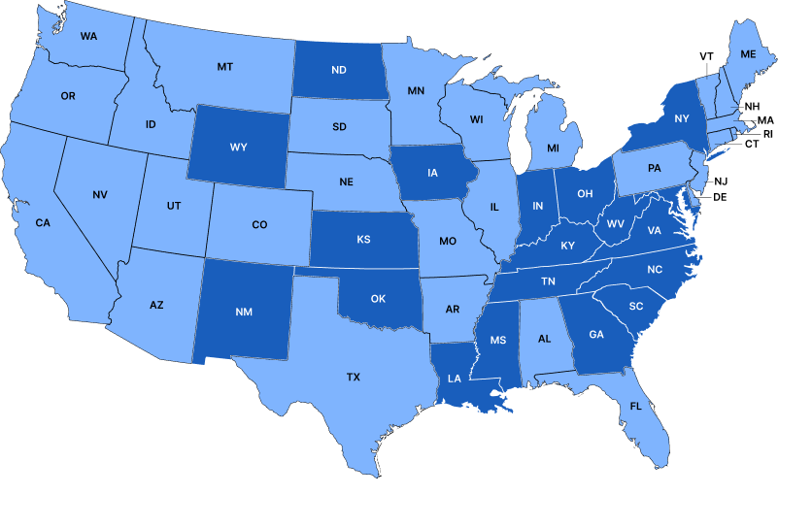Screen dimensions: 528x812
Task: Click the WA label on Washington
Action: [88, 36]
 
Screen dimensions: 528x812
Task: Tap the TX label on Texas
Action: [354, 377]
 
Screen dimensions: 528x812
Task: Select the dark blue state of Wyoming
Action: [238, 148]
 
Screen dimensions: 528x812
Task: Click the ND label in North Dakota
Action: [339, 70]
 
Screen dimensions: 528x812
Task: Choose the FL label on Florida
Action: [636, 406]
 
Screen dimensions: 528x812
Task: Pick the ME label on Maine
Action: [748, 54]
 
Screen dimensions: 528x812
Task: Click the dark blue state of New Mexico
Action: [244, 312]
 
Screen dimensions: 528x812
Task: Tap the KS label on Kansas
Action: [363, 239]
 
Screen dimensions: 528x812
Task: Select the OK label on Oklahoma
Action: [378, 298]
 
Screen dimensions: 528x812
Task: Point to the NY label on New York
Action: [681, 119]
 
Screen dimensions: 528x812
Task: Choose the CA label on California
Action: [43, 222]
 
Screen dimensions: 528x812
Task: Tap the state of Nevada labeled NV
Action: [100, 195]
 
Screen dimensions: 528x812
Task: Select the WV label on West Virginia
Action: [615, 223]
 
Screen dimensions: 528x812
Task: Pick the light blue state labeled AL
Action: [544, 339]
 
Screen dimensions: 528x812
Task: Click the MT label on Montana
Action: [225, 67]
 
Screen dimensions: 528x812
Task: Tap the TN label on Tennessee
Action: [548, 280]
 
